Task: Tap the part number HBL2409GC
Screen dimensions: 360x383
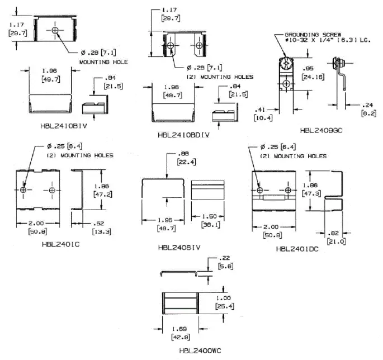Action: point(321,131)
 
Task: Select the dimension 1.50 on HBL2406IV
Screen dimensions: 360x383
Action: point(207,216)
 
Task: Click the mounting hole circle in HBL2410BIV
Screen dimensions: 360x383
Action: point(55,30)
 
